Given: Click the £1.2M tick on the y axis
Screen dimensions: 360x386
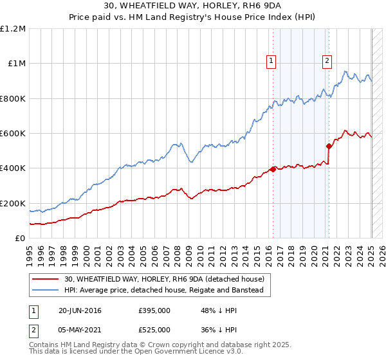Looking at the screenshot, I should [x=13, y=29].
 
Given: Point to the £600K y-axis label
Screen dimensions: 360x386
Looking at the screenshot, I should [x=14, y=134].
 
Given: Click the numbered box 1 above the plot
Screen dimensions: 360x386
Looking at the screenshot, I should [x=271, y=61].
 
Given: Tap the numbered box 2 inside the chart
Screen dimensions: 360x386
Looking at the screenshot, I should [x=327, y=61].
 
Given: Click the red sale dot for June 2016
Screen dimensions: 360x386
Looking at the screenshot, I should [x=273, y=170].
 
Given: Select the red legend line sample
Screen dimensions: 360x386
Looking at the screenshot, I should [x=45, y=279].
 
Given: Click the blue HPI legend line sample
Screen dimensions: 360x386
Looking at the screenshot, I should [x=45, y=291].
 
